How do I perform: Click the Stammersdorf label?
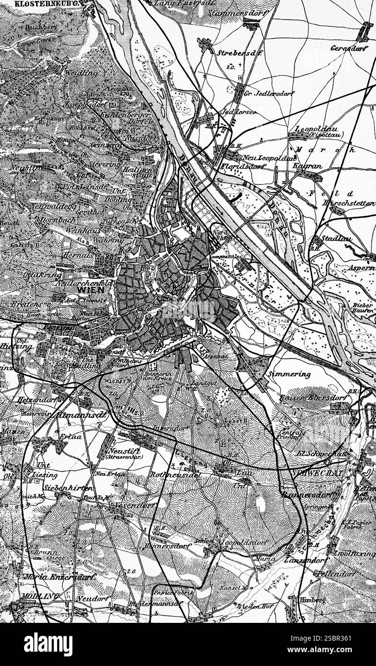tap(230, 13)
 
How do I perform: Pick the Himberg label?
tap(314, 599)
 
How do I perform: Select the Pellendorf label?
tap(336, 573)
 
